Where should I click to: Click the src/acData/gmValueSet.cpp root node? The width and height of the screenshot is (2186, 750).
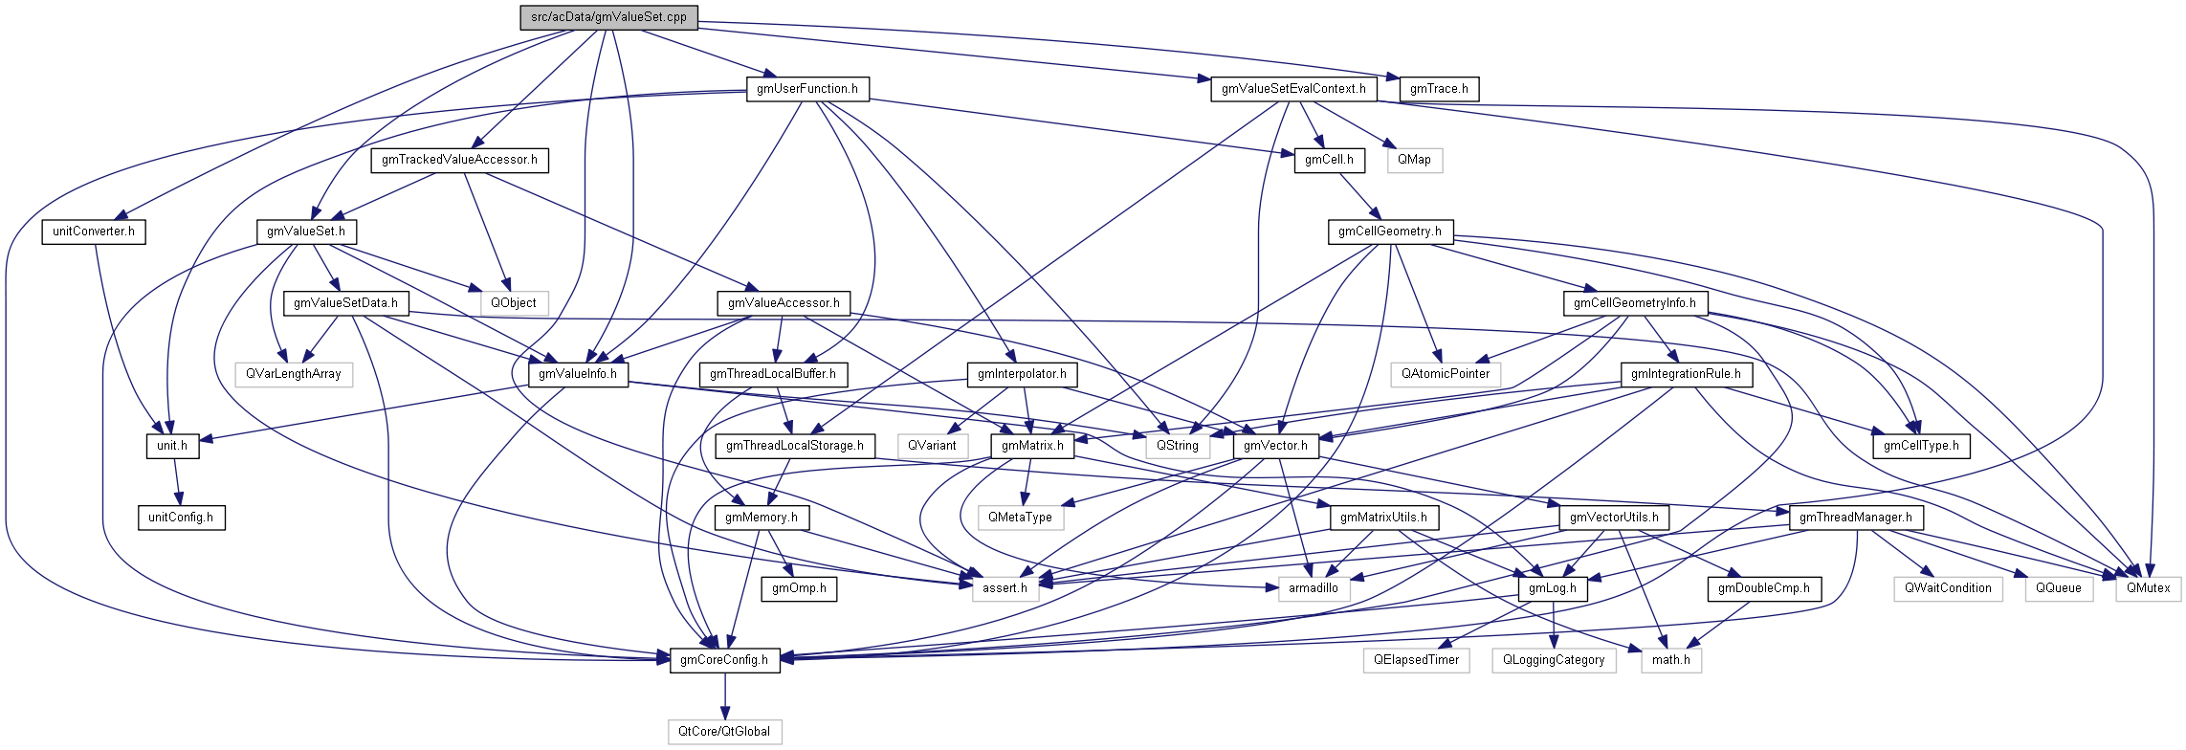(x=608, y=17)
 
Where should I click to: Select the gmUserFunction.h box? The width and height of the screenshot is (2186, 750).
(x=807, y=89)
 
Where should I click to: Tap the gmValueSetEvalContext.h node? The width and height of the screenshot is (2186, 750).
(x=1293, y=89)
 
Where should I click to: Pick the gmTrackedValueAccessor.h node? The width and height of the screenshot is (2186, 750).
(x=459, y=160)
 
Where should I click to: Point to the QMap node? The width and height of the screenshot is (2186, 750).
(x=1414, y=160)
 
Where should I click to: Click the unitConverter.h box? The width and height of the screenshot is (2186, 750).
(x=93, y=232)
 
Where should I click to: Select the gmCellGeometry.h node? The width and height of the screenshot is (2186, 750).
(x=1389, y=232)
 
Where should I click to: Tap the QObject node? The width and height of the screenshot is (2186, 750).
(x=514, y=303)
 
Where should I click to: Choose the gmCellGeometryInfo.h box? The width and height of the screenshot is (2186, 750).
(x=1635, y=303)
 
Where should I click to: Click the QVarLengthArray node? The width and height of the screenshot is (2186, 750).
(x=294, y=374)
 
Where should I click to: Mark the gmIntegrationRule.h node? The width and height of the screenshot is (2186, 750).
(x=1686, y=374)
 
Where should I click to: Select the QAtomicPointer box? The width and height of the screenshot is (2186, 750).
(x=1446, y=374)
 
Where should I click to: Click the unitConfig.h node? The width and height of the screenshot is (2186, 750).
(x=181, y=518)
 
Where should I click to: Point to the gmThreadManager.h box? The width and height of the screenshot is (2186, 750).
(x=1856, y=518)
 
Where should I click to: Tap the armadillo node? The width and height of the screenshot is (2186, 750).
(x=1314, y=588)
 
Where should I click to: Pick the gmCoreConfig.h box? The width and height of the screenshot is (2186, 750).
(x=724, y=660)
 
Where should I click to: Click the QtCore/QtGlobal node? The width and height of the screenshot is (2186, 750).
(x=724, y=732)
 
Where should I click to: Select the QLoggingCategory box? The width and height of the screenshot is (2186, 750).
(x=1554, y=660)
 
